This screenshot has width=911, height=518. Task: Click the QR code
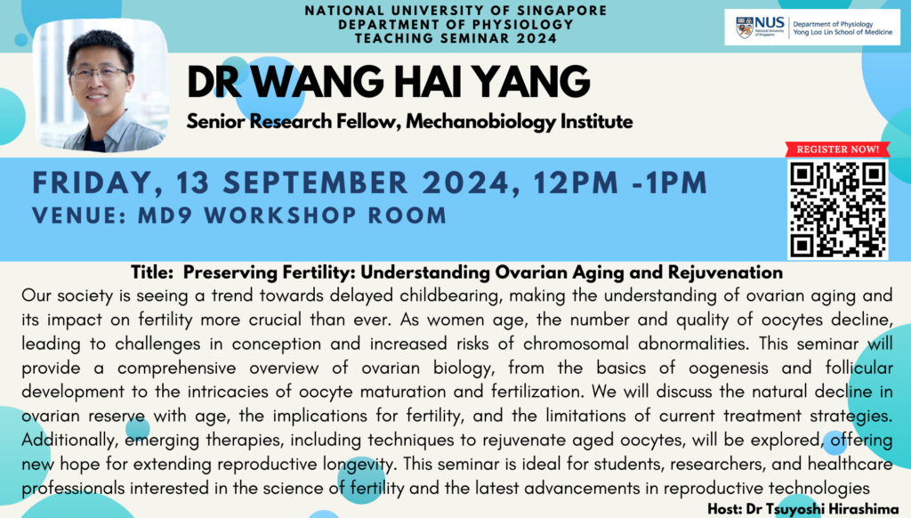(x=837, y=210)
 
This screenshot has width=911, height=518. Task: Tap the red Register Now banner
(x=837, y=150)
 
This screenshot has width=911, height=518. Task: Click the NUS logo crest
(x=745, y=28)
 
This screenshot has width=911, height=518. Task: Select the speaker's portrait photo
(x=101, y=86)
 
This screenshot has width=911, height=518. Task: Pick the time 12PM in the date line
(x=576, y=182)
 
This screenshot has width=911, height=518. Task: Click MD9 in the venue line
(x=165, y=215)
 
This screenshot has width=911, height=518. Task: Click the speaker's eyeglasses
(x=100, y=73)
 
